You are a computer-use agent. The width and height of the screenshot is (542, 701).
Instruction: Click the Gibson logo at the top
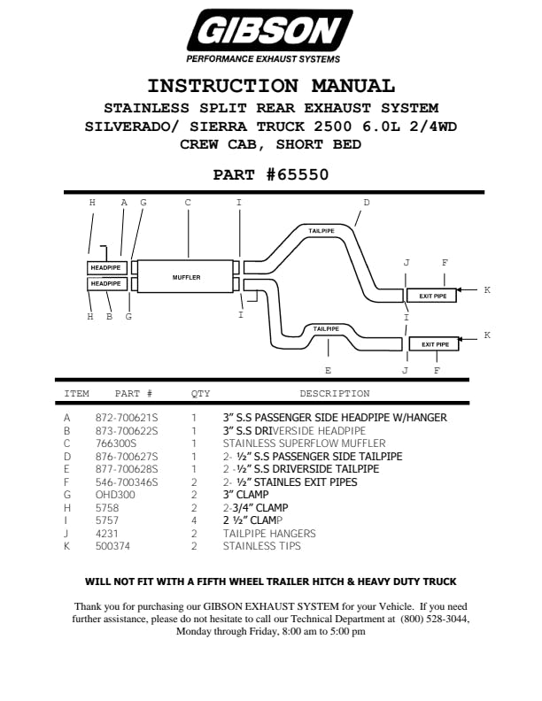(x=269, y=35)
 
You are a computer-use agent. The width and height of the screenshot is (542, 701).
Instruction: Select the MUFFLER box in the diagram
(x=186, y=277)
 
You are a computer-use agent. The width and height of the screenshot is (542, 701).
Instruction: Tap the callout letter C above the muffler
(x=188, y=203)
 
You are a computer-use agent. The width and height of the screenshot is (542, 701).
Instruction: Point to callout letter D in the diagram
(x=367, y=203)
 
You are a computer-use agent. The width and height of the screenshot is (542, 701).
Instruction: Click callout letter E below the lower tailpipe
(x=328, y=370)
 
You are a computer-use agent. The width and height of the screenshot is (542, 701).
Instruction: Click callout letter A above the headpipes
(x=124, y=203)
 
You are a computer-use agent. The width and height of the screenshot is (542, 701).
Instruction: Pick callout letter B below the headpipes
(x=110, y=316)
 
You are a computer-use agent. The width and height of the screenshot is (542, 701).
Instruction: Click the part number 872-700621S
(x=127, y=418)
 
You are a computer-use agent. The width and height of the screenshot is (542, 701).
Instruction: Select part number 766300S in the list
(x=116, y=443)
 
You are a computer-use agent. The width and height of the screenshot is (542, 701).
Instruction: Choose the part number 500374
(x=112, y=546)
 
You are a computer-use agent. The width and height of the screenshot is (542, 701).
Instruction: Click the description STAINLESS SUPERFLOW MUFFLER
(x=304, y=443)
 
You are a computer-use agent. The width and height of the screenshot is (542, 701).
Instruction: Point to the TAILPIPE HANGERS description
(x=269, y=534)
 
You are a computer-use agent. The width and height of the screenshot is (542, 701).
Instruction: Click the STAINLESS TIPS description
(x=262, y=546)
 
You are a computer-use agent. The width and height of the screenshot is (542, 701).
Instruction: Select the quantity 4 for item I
(x=194, y=520)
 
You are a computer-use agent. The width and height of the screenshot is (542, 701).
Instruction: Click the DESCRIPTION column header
(x=334, y=394)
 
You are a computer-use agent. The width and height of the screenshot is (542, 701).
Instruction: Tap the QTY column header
(x=201, y=394)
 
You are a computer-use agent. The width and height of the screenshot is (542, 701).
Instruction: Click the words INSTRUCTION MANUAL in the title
(x=270, y=87)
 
